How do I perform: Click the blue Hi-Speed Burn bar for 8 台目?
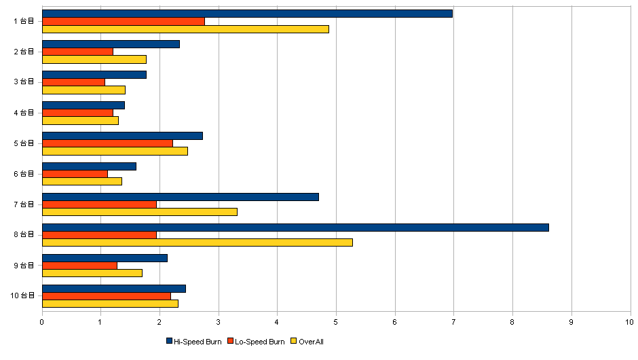[295, 227]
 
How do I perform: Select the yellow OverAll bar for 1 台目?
[185, 29]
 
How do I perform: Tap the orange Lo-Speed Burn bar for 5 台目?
[107, 143]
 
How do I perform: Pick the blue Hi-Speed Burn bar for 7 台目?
[181, 196]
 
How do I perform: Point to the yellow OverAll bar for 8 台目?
[198, 242]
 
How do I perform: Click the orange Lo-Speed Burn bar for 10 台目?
[107, 295]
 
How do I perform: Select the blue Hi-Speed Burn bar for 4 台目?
[83, 105]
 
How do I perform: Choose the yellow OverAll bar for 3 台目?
[83, 90]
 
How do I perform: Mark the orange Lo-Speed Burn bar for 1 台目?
[124, 21]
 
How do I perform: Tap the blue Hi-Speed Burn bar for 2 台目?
[111, 43]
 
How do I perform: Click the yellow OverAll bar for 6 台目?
[82, 181]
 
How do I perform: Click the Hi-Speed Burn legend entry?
[193, 341]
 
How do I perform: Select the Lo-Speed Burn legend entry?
[257, 341]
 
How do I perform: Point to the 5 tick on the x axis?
[336, 323]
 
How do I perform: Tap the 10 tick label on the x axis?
[630, 323]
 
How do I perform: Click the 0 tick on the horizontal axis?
[42, 323]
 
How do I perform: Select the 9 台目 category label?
[24, 265]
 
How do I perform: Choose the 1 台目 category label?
[24, 21]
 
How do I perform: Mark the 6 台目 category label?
[24, 173]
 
